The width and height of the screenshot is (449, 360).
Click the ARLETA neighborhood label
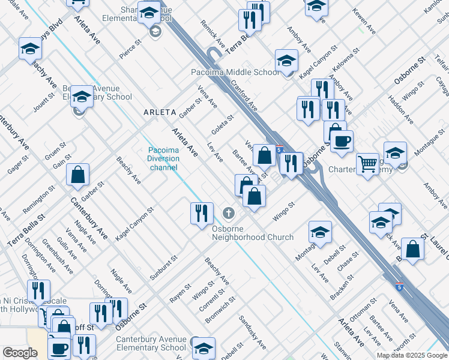pos(160,112)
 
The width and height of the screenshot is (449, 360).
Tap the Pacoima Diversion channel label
pos(163,158)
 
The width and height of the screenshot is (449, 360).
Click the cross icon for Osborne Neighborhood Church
pos(228,213)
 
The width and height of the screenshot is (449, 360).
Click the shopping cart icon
pos(367,163)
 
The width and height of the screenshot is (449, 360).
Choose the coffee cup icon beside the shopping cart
pos(342,141)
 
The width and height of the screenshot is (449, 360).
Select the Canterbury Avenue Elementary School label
pos(151,343)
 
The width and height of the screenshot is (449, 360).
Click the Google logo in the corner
pos(20,353)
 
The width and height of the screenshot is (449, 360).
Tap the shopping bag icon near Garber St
pos(77,175)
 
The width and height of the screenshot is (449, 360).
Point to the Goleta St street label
pos(222,125)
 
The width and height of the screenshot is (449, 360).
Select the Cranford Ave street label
pos(244,97)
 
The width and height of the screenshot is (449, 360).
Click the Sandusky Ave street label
pos(253,332)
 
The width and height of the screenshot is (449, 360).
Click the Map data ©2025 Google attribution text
pos(412,355)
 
